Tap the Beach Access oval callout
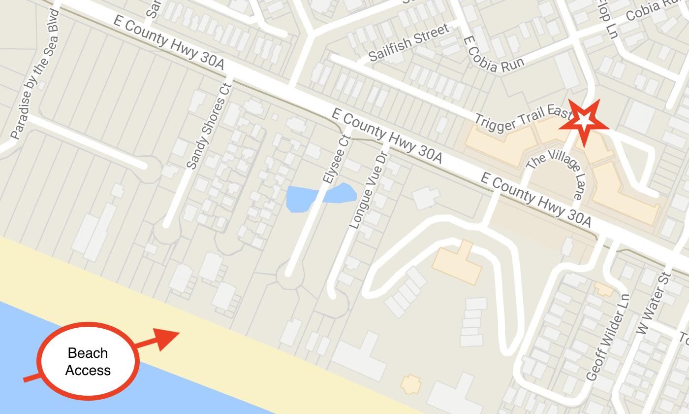[x=88, y=361]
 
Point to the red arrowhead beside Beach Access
[x=167, y=340]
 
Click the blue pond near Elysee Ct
[x=320, y=196]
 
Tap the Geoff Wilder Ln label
[x=608, y=338]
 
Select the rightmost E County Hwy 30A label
[x=535, y=200]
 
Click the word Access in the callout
[x=88, y=370]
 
